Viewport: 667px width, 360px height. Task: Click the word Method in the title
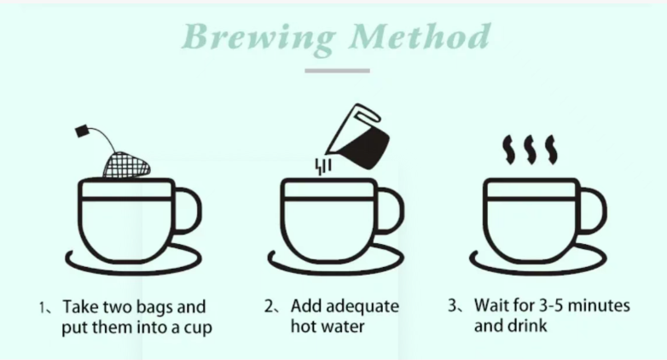(420, 36)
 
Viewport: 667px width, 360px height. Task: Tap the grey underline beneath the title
(337, 71)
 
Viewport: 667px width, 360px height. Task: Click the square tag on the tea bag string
(82, 131)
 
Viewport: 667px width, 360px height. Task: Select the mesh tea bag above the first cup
(127, 165)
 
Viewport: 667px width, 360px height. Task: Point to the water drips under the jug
(323, 166)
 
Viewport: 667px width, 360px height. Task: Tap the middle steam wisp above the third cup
(531, 150)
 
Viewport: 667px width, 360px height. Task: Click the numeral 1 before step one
(42, 307)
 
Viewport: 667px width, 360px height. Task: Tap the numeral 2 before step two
(269, 306)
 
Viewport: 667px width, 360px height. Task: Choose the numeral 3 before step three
(453, 305)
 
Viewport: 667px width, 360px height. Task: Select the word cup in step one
(198, 328)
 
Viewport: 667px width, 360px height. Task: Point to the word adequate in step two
(362, 307)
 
